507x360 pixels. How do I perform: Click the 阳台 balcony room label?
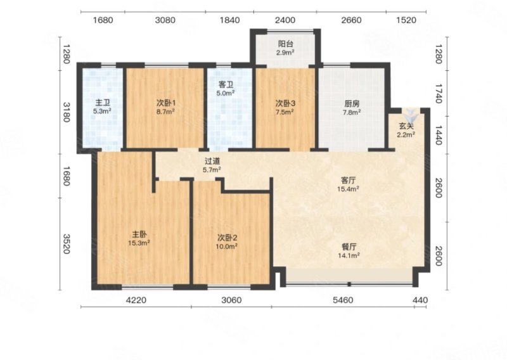pos(286,44)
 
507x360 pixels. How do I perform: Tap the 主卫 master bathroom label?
pos(103,103)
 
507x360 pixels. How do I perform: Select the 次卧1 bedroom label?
pos(166,103)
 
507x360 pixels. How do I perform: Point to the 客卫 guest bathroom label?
pos(226,85)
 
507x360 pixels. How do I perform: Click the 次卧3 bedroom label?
pos(285,103)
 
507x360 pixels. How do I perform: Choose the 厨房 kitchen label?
pos(352,104)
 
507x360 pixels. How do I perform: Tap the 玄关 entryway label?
pos(406,126)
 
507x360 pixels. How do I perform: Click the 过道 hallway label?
pos(212,161)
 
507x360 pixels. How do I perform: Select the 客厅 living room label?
pos(348,180)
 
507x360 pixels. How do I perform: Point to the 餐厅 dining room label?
pos(349,247)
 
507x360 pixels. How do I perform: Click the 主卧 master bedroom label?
pos(139,234)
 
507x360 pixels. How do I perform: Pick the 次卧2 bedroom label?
pos(228,238)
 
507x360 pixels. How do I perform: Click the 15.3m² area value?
pos(139,243)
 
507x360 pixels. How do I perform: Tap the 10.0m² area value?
pos(228,247)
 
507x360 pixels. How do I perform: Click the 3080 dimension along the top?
pos(165,20)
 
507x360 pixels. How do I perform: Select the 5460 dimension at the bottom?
pos(343,300)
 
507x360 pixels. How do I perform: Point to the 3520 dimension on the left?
pos(67,244)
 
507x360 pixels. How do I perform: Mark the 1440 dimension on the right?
pos(438,134)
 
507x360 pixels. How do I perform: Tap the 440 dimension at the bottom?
pos(420,300)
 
